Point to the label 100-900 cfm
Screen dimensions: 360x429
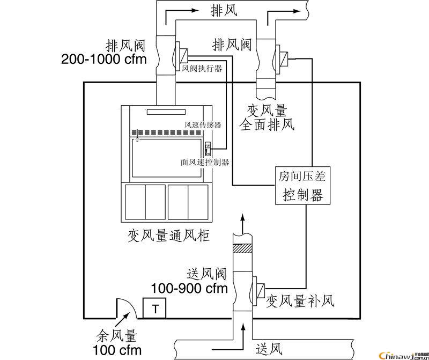190,288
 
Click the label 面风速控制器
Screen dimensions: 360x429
205,161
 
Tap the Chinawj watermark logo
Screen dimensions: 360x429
400,355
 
